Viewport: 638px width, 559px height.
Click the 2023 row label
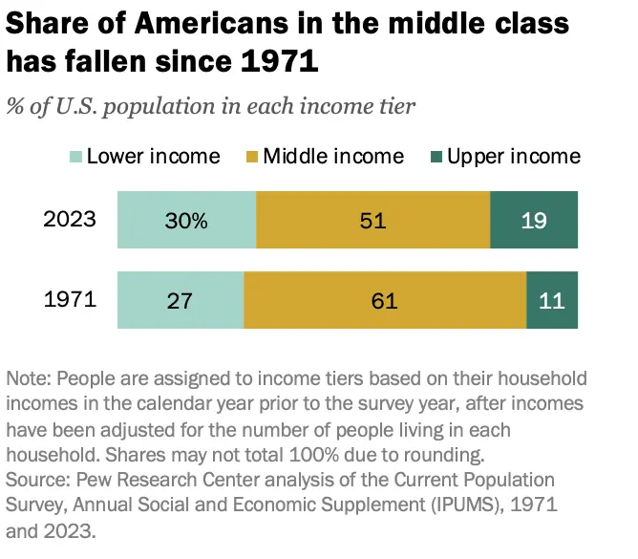coord(71,220)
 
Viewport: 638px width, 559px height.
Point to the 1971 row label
coord(71,300)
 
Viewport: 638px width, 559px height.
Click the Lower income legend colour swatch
coord(76,157)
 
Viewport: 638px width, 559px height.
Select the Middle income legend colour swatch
coord(250,157)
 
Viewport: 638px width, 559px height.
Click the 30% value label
coord(185,221)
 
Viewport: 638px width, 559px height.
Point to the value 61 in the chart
coord(385,301)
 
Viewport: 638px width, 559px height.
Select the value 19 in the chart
coord(534,221)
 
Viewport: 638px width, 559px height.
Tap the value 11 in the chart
coord(552,301)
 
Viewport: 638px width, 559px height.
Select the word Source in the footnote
coord(36,477)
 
